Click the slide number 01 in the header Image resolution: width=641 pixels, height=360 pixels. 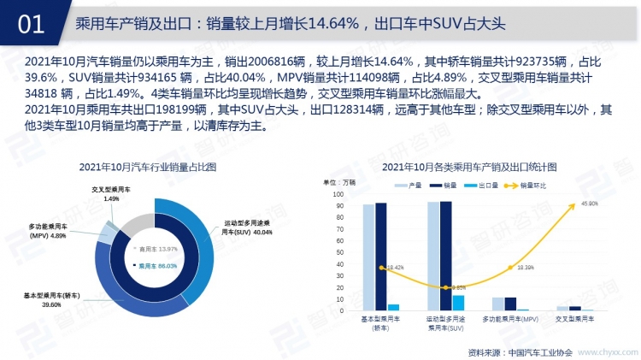(31, 23)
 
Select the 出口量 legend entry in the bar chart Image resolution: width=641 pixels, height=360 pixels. (485, 184)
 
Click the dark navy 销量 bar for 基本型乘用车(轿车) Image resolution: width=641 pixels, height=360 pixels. (380, 256)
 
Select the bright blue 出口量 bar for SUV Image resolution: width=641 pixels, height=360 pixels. (459, 302)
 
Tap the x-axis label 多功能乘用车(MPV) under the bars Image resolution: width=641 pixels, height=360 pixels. (510, 319)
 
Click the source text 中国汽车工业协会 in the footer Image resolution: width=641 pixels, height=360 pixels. (538, 351)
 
